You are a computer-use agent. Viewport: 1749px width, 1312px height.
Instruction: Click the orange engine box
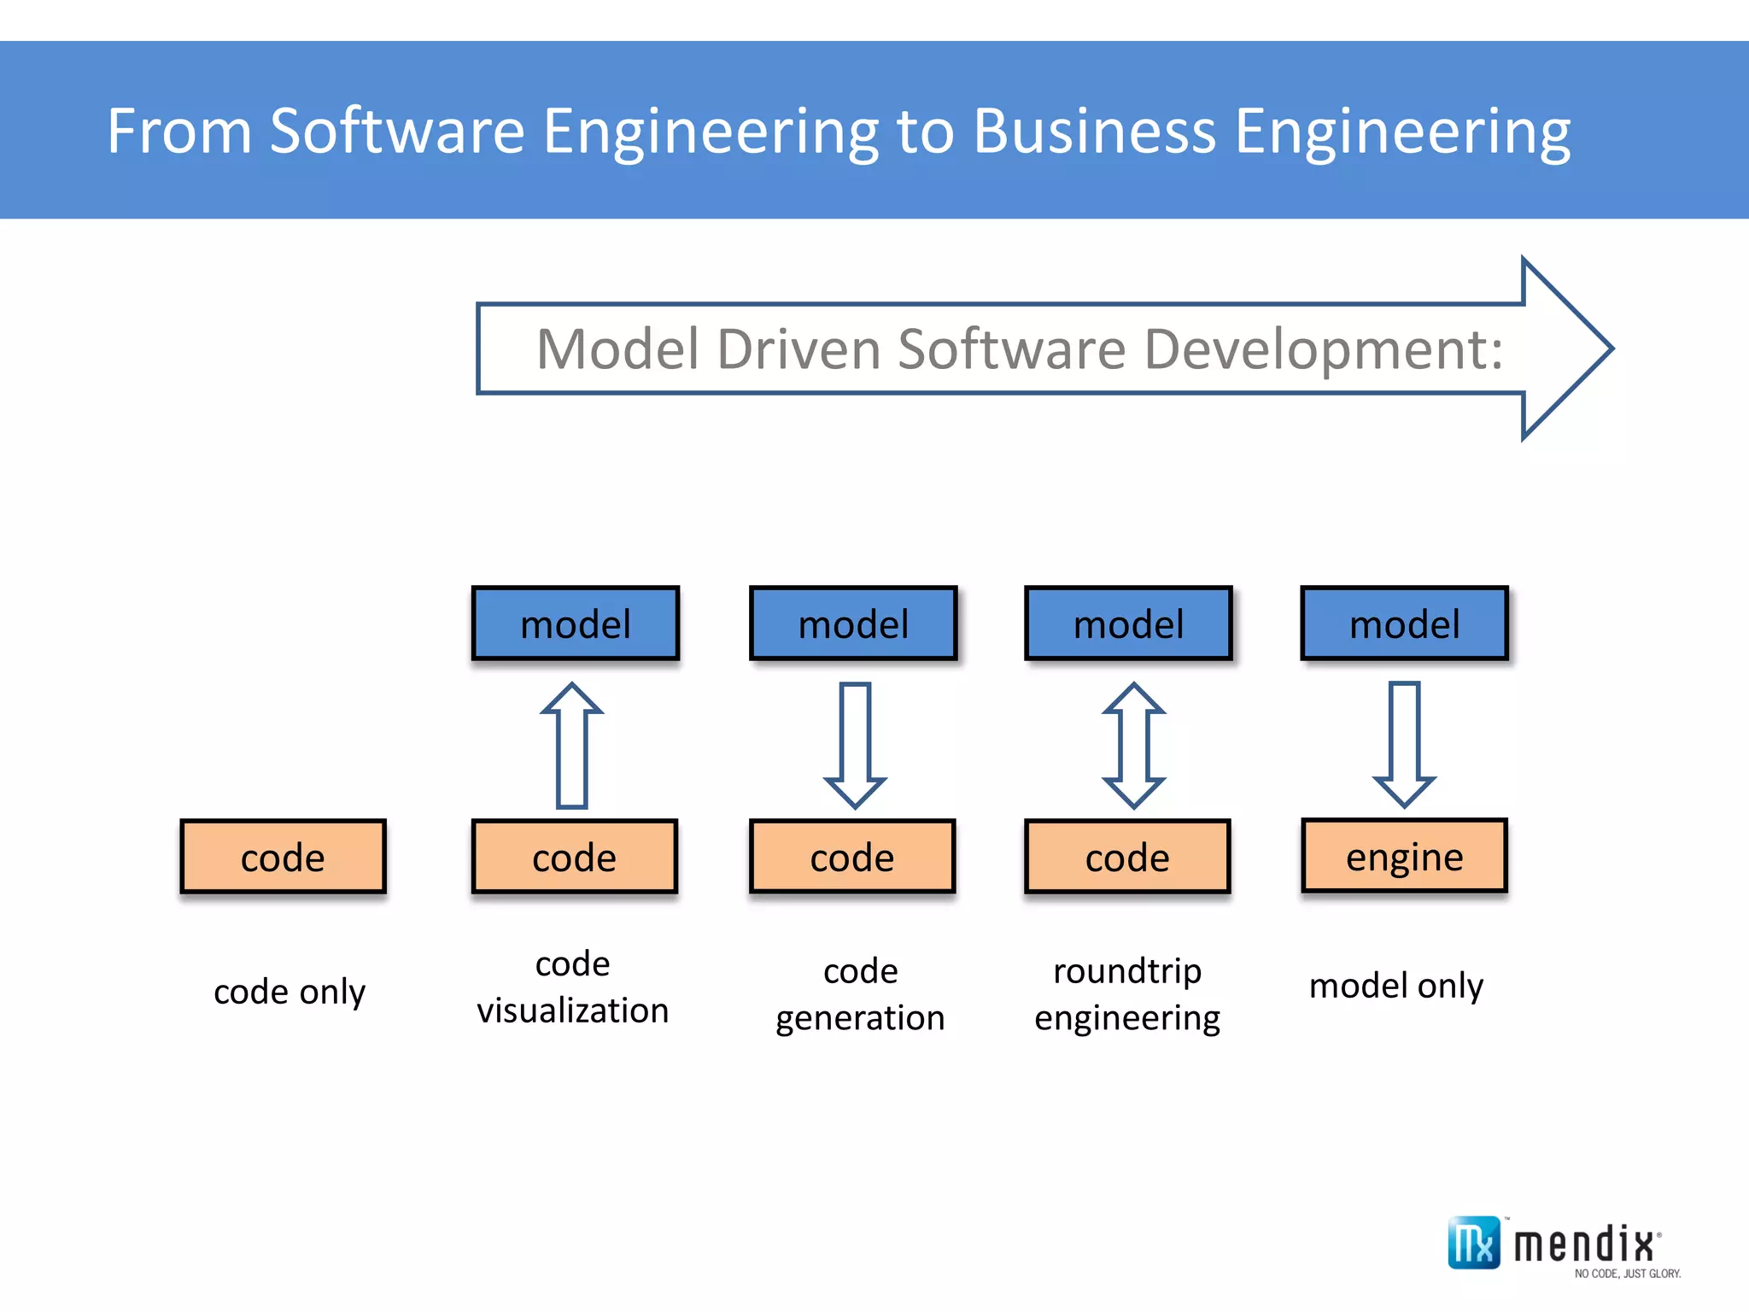coord(1404,856)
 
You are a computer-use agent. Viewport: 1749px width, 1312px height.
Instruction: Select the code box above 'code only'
coord(283,857)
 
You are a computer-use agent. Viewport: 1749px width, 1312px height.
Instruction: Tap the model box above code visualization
coord(575,624)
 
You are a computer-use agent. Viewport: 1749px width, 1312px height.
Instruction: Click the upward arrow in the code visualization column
coord(572,745)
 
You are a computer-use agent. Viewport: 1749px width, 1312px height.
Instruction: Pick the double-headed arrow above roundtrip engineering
coord(1133,745)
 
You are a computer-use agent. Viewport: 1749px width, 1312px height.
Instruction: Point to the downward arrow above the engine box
coord(1404,745)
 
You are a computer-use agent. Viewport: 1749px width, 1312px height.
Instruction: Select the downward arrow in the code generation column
coord(855,745)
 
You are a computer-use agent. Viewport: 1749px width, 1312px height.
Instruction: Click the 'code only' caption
coord(290,992)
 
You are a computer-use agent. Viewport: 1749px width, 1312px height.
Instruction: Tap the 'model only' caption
coord(1396,986)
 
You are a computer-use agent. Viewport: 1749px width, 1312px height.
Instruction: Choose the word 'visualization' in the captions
coord(572,1010)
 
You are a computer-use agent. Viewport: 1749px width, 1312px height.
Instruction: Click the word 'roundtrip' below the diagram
coord(1127,971)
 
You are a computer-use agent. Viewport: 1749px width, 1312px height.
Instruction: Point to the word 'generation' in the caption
coord(860,1018)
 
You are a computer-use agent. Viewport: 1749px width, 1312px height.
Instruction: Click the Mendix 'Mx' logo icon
coord(1473,1243)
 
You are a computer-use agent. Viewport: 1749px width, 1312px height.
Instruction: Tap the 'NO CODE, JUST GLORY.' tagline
coord(1627,1274)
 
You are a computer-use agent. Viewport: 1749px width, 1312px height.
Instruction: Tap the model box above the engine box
coord(1404,624)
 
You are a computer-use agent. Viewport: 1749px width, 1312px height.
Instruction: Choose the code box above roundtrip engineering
coord(1127,857)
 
